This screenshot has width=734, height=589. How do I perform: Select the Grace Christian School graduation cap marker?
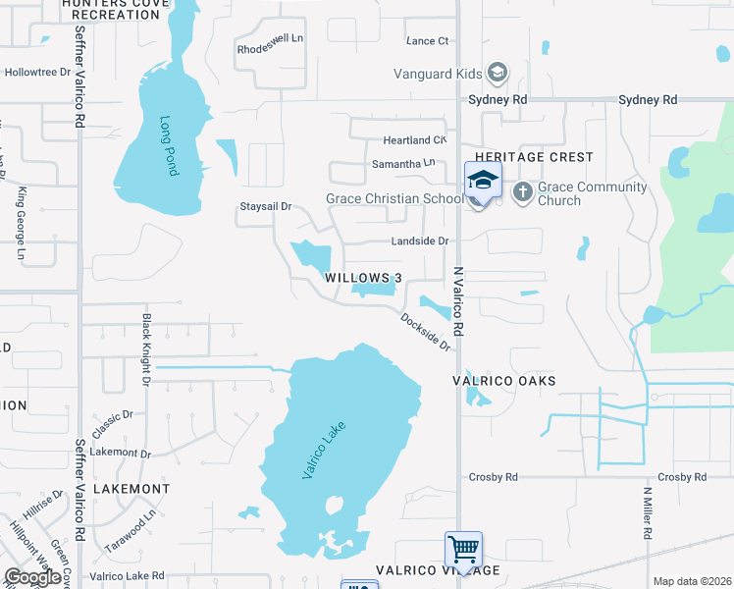click(x=483, y=182)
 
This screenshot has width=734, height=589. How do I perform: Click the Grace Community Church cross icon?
click(x=522, y=192)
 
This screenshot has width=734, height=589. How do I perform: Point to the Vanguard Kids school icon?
click(x=498, y=73)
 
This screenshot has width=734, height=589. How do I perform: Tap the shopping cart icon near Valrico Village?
click(x=462, y=548)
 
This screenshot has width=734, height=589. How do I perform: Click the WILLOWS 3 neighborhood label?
click(x=363, y=278)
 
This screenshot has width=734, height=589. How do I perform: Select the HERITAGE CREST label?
click(x=534, y=157)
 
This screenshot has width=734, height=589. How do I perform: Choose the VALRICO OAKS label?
click(x=504, y=380)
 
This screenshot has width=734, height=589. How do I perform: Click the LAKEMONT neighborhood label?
click(x=131, y=488)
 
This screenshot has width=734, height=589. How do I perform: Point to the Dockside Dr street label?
click(x=425, y=332)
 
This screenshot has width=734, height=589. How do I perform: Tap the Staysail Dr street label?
click(x=266, y=206)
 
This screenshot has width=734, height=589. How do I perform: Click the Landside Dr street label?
click(x=420, y=241)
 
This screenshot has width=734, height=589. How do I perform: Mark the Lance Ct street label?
click(x=427, y=41)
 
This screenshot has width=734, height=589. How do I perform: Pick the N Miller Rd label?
click(x=647, y=512)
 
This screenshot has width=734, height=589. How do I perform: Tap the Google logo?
click(x=32, y=577)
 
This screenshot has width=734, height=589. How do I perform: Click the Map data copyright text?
click(x=691, y=581)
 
